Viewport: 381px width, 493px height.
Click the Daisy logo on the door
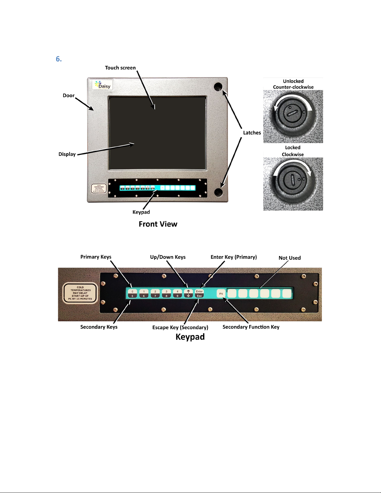coord(103,85)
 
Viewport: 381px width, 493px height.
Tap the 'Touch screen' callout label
coord(120,68)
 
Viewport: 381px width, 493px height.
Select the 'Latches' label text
coord(252,133)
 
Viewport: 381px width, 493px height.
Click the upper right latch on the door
coord(218,87)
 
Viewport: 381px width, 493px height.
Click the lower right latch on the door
coord(219,192)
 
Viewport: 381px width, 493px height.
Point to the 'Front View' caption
coord(158,224)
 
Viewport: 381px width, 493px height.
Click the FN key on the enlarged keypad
coord(221,294)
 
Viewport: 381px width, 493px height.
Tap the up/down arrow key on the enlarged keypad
coord(188,294)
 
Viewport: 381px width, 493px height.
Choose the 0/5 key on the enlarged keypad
coord(132,294)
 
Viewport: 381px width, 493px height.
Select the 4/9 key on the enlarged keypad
coord(178,294)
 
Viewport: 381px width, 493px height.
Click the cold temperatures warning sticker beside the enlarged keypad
coord(80,293)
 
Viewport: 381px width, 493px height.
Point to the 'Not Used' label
coord(290,258)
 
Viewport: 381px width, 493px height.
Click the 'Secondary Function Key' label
coord(251,327)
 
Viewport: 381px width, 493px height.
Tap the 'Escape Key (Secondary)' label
coord(180,328)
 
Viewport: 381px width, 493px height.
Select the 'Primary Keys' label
coord(96,257)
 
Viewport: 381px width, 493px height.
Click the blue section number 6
coord(59,59)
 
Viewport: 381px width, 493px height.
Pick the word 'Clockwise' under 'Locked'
coord(293,155)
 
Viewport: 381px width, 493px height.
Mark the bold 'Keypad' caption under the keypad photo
coord(190,337)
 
